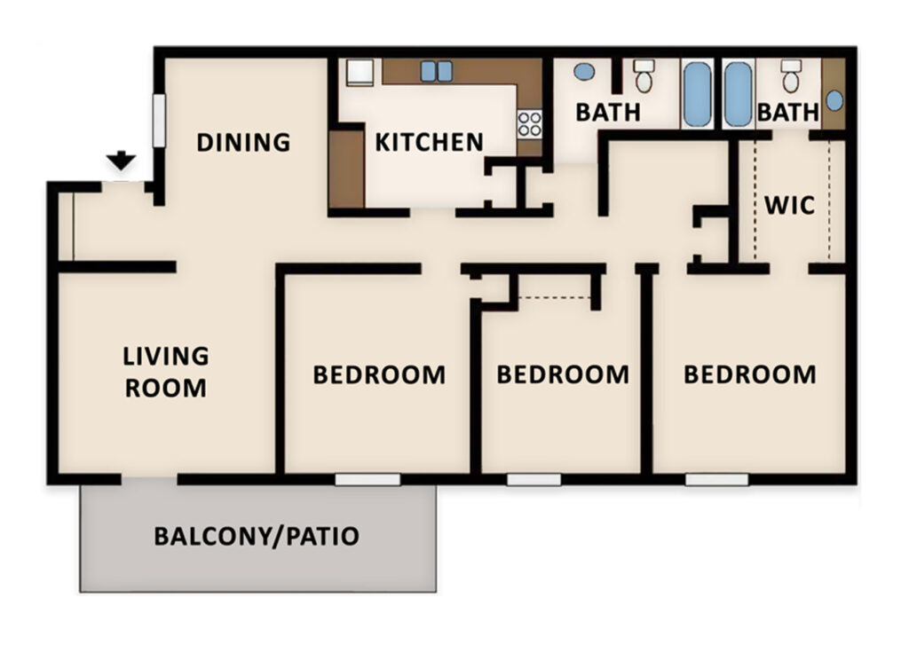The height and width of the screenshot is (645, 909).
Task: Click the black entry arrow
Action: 121,161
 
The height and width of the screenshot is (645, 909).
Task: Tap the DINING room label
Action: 243,142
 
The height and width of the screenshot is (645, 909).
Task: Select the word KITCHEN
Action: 429,142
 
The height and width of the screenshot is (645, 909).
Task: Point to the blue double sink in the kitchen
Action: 436,71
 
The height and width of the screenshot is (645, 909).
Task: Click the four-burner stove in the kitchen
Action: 530,123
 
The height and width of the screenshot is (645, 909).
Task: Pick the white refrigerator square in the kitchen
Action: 360,72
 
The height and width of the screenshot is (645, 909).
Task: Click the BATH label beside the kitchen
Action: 608,113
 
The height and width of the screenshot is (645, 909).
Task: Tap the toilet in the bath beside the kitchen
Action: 644,76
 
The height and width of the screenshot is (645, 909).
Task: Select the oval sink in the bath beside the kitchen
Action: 583,71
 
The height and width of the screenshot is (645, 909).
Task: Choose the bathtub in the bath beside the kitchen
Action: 697,93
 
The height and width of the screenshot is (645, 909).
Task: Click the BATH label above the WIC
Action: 788,113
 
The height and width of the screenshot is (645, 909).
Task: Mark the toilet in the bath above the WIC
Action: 790,76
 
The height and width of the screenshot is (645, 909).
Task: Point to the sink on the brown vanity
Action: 834,99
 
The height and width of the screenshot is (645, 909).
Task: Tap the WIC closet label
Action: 789,205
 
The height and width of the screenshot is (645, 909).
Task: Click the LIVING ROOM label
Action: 166,372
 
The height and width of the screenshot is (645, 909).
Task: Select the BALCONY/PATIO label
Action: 257,536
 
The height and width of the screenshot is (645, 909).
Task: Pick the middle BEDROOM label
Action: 563,374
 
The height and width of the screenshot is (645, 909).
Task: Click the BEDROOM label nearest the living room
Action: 379,374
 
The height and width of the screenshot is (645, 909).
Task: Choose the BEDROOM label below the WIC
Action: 749,374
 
